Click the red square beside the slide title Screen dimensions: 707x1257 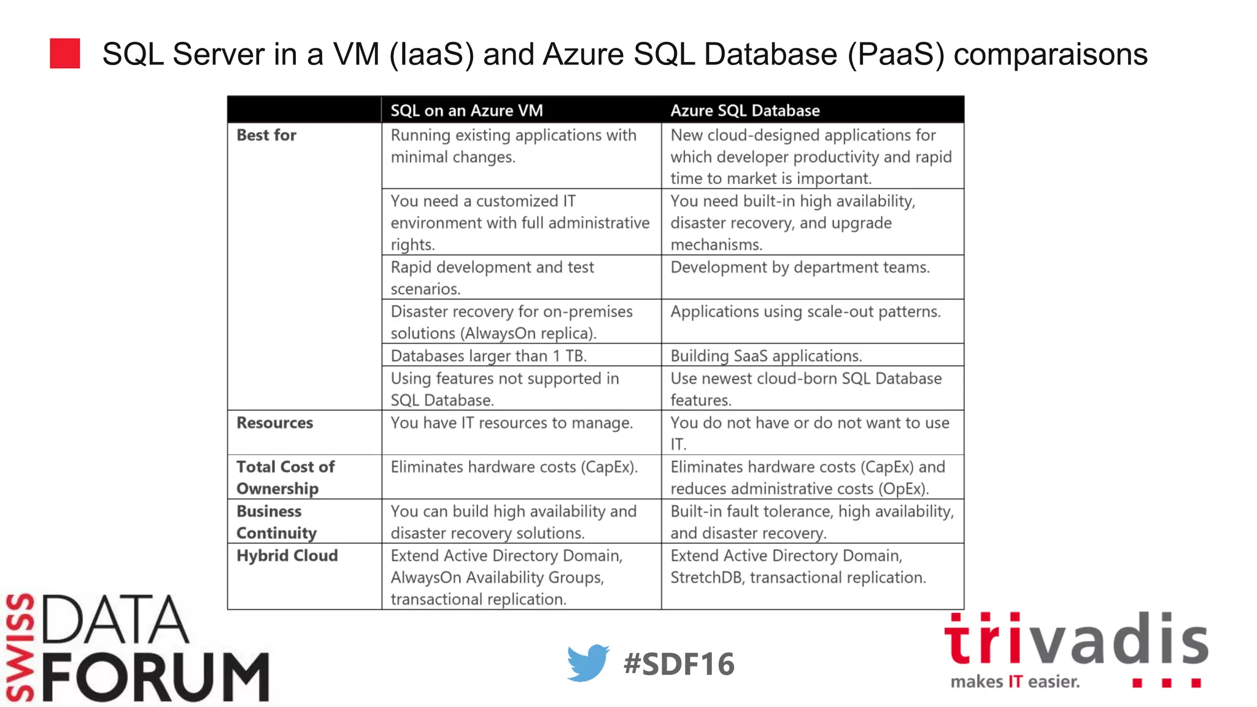pos(65,53)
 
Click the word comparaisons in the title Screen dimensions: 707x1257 pos(1050,54)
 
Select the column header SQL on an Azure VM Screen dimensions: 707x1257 pos(466,110)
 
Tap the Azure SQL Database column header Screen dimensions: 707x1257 pos(745,110)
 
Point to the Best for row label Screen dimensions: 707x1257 pos(266,135)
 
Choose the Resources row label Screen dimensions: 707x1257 pos(275,423)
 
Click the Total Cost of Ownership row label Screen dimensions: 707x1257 pos(285,477)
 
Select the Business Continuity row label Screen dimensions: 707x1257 pos(276,522)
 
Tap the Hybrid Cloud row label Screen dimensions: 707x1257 pos(287,555)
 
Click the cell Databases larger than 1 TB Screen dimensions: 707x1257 pos(489,356)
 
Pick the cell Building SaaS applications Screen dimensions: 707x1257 pos(766,356)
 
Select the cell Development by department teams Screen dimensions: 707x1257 pos(800,268)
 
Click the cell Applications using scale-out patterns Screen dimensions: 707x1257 pos(805,312)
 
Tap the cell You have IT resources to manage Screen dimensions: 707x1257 pos(511,423)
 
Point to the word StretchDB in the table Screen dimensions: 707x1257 pos(706,578)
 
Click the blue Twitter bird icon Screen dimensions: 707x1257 pos(587,663)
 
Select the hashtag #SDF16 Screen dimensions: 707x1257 pos(678,664)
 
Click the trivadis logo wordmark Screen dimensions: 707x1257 pos(1076,640)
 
